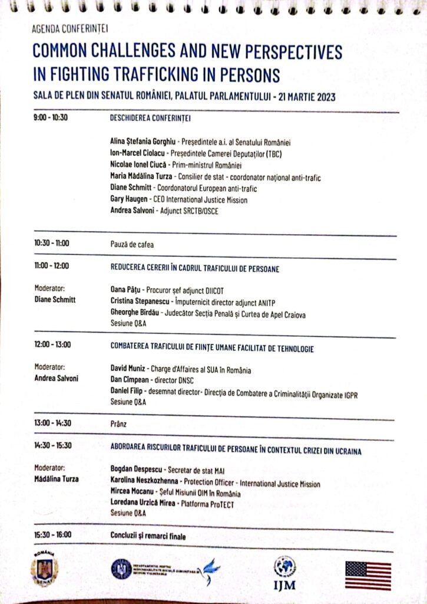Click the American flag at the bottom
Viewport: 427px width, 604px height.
(x=368, y=575)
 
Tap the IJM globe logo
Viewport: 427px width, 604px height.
(x=285, y=567)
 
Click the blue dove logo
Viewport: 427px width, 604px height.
(x=208, y=570)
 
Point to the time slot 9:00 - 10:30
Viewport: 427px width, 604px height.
(x=51, y=117)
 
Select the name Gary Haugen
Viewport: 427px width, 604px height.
(x=129, y=200)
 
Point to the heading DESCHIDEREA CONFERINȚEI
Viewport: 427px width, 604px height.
(x=150, y=117)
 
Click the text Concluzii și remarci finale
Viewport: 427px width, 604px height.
(x=148, y=536)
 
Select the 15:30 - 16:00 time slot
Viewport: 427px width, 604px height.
(x=53, y=535)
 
